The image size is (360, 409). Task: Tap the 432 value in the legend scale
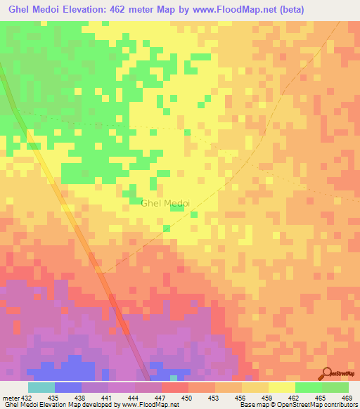pyautogui.click(x=27, y=397)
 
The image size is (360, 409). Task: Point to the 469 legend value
pyautogui.click(x=347, y=397)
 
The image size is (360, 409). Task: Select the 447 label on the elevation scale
pyautogui.click(x=160, y=397)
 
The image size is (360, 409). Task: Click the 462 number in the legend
pyautogui.click(x=294, y=397)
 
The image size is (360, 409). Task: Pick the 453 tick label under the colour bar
pyautogui.click(x=214, y=397)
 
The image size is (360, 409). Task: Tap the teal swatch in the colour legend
pyautogui.click(x=41, y=387)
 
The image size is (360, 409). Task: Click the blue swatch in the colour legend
pyautogui.click(x=67, y=387)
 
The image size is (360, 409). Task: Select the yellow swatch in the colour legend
pyautogui.click(x=281, y=387)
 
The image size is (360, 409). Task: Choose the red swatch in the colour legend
pyautogui.click(x=174, y=387)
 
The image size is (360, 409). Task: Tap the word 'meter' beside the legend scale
pyautogui.click(x=10, y=397)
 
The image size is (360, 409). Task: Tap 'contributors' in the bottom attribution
pyautogui.click(x=338, y=405)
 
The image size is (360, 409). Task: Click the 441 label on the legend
pyautogui.click(x=107, y=397)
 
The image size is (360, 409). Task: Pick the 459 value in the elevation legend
pyautogui.click(x=267, y=397)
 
